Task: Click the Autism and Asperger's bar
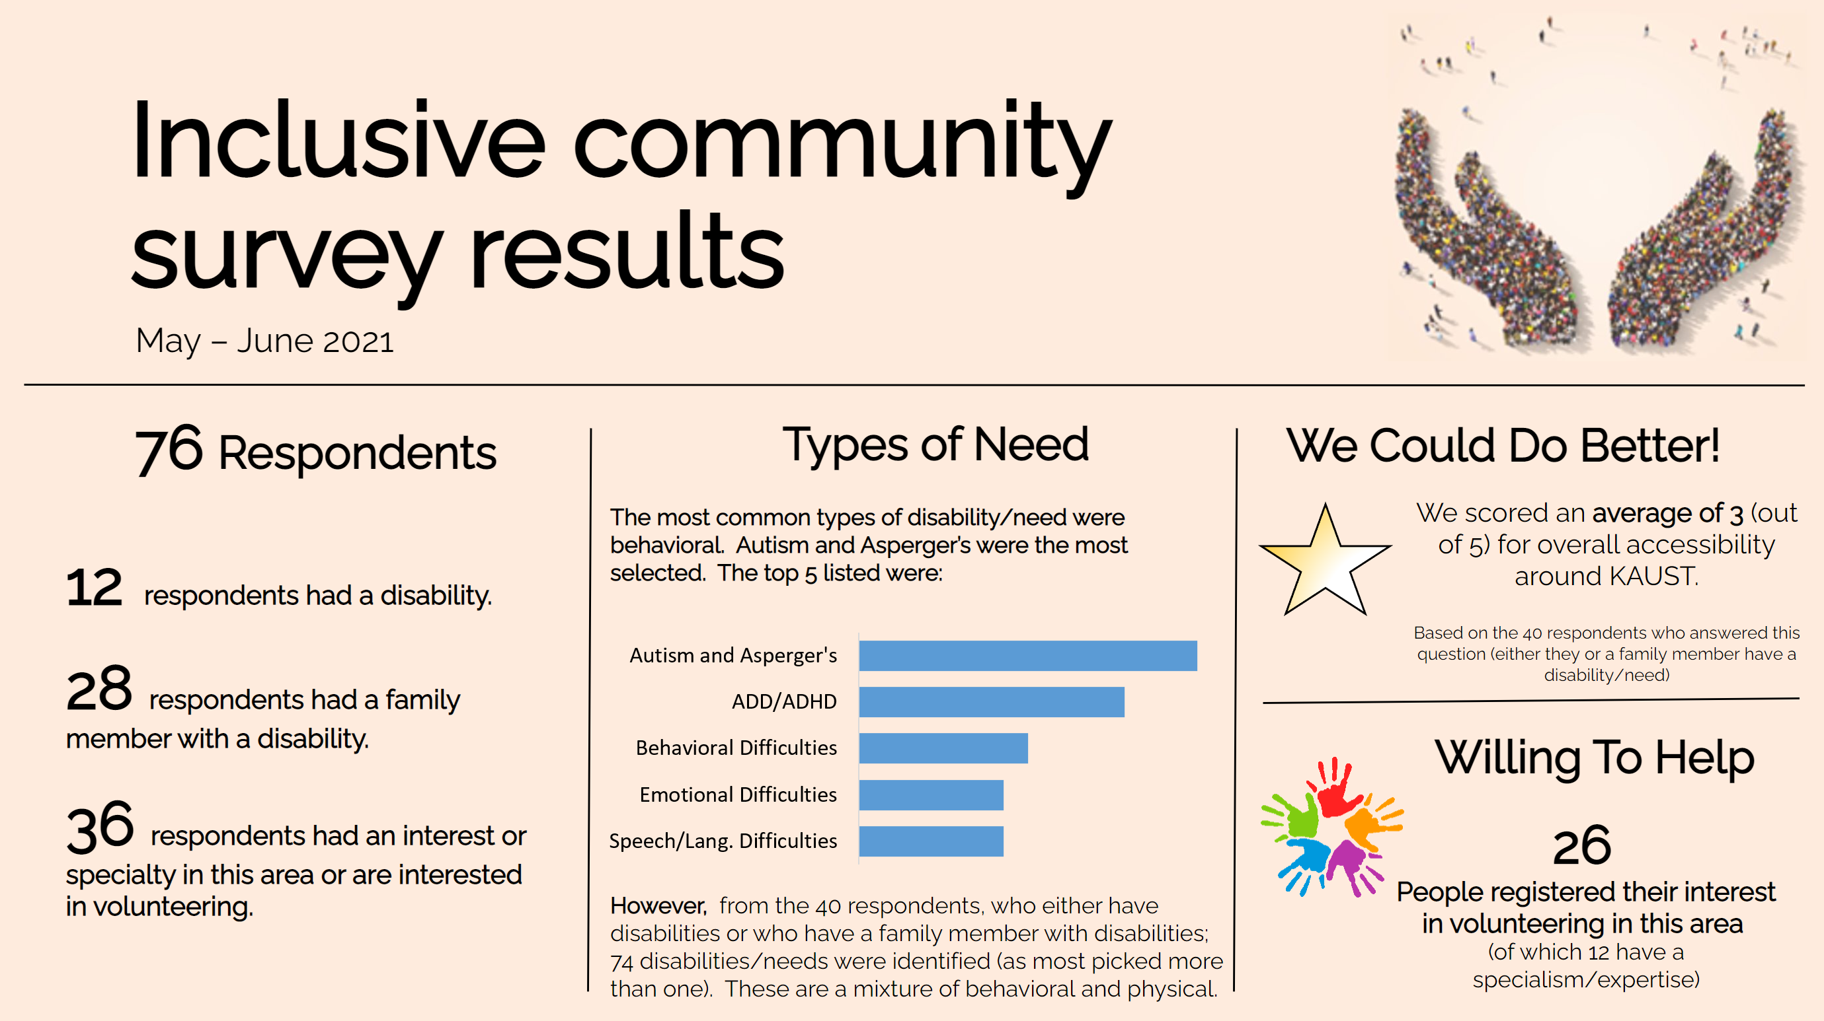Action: pyautogui.click(x=1027, y=655)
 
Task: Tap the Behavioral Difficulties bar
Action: pyautogui.click(x=943, y=748)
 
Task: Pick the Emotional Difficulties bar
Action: pyautogui.click(x=931, y=794)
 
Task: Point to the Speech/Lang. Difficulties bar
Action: pyautogui.click(x=931, y=841)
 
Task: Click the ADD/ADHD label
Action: pyautogui.click(x=784, y=702)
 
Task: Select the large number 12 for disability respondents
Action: pyautogui.click(x=94, y=587)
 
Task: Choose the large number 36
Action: pyautogui.click(x=100, y=826)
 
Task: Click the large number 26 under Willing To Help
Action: pyautogui.click(x=1582, y=845)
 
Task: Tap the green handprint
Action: pyautogui.click(x=1292, y=816)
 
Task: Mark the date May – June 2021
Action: pyautogui.click(x=264, y=341)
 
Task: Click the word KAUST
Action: pyautogui.click(x=1653, y=577)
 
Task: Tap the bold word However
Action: pyautogui.click(x=658, y=905)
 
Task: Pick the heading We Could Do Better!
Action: pyautogui.click(x=1503, y=446)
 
